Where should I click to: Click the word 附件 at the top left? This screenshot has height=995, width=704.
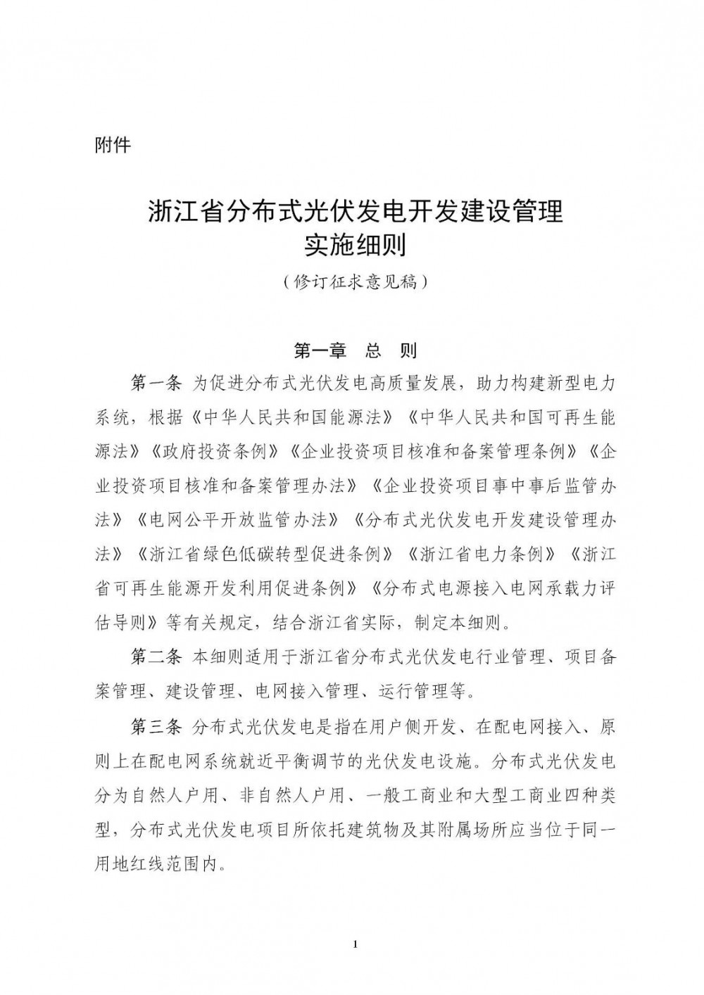(x=113, y=146)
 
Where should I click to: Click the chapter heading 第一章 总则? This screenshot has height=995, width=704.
(x=355, y=350)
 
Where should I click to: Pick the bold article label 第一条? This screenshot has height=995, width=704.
(x=156, y=384)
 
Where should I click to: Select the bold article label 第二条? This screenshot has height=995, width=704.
(x=156, y=657)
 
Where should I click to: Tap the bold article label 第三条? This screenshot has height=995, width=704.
(x=156, y=726)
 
